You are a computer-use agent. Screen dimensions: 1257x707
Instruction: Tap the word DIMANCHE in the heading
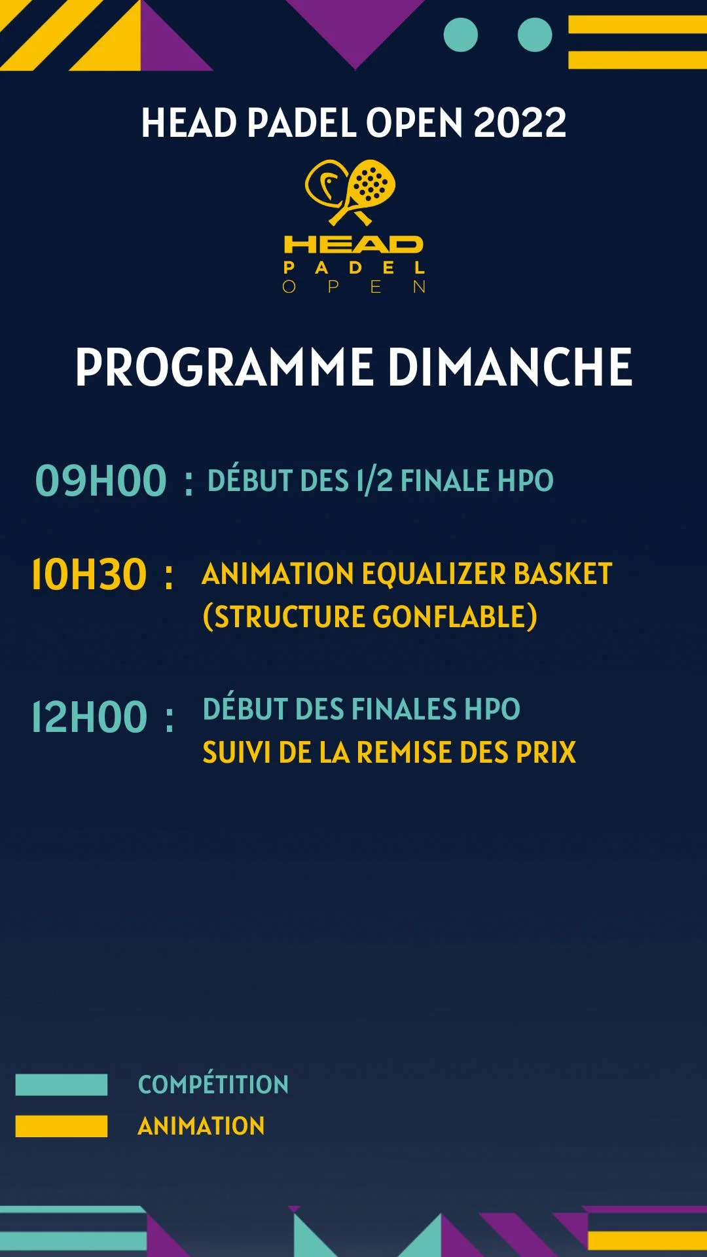510,367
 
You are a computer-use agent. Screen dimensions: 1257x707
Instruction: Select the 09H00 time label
101,481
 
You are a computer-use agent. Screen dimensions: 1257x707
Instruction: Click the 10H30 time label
89,575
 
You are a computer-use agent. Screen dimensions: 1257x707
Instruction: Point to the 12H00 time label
89,718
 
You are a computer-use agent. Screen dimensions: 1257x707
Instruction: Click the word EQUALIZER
433,574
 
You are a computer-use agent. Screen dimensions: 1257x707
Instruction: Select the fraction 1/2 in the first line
374,481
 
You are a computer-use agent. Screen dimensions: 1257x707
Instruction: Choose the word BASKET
562,574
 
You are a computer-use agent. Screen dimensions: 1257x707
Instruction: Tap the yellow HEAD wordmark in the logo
353,245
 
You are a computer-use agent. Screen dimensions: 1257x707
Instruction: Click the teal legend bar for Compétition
62,1085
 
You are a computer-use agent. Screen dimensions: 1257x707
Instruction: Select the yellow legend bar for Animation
62,1126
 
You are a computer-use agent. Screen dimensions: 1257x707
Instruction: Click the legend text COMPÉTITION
213,1085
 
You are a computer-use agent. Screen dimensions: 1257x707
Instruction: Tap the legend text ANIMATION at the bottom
201,1126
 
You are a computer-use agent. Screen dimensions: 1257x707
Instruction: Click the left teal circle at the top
461,35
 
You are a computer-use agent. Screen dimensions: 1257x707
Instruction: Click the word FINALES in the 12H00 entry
404,710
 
